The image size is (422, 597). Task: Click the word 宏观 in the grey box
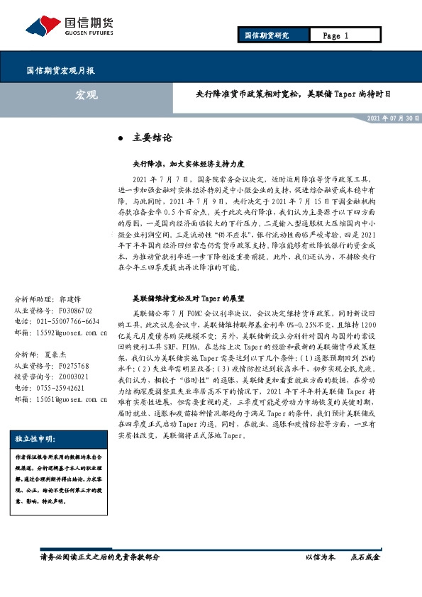[x=86, y=94]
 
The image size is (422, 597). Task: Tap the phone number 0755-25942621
[x=64, y=388]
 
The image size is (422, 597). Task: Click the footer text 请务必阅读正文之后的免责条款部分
[x=99, y=557]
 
